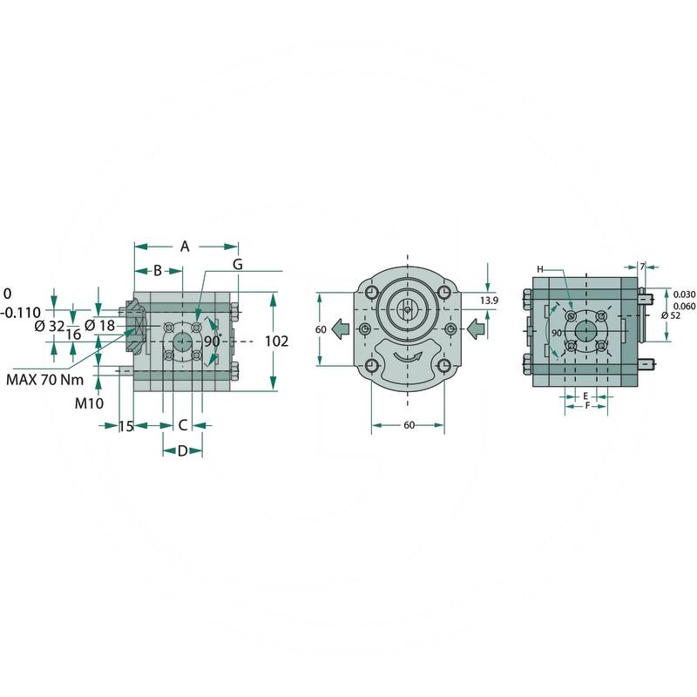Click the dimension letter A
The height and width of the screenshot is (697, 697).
(185, 247)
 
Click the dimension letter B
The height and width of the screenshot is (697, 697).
(158, 270)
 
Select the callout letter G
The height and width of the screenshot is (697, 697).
(237, 263)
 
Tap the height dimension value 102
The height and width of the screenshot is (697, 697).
(276, 342)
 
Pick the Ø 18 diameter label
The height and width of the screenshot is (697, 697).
(100, 326)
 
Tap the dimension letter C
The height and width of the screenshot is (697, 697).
(183, 425)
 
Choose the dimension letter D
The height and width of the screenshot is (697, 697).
(182, 450)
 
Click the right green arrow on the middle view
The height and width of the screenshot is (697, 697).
(473, 328)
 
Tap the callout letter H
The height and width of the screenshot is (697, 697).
(540, 268)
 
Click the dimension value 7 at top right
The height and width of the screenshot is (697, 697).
(642, 265)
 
